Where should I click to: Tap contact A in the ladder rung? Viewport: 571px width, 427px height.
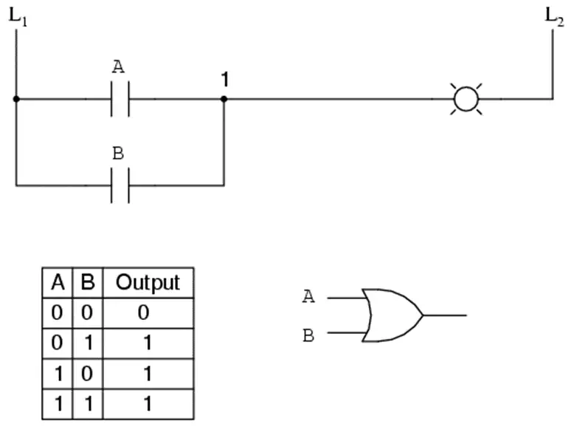point(120,99)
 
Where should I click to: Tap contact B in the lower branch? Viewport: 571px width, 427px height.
point(120,185)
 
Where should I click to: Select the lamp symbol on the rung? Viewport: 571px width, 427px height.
point(466,99)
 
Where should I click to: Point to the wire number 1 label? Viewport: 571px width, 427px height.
point(224,79)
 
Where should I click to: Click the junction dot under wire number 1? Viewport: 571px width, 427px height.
point(224,99)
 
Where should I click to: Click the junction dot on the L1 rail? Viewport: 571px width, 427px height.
point(16,99)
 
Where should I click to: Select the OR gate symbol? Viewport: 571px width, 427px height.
point(391,315)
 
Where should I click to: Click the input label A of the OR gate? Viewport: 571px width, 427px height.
point(308,297)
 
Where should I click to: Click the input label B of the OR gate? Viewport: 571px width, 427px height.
point(308,336)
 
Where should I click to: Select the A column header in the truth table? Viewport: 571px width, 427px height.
point(57,282)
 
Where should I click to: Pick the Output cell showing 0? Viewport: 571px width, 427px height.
point(144,312)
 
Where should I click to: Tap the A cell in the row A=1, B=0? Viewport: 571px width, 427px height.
point(57,374)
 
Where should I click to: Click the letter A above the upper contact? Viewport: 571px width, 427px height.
point(119,67)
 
